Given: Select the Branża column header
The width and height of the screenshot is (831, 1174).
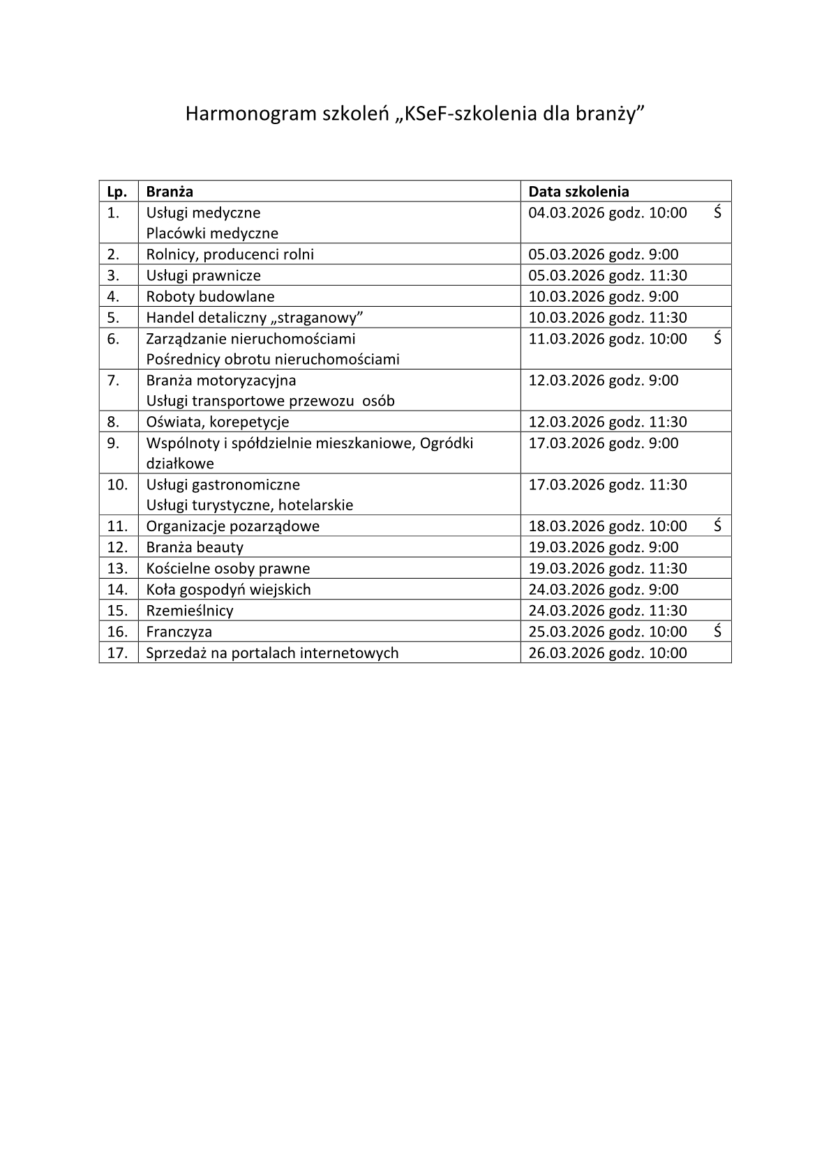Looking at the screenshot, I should click(170, 192).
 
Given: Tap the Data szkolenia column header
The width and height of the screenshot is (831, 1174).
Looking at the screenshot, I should click(578, 192).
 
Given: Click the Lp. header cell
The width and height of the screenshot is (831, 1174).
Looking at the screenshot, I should click(118, 192).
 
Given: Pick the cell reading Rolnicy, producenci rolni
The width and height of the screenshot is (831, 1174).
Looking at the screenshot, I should click(230, 254).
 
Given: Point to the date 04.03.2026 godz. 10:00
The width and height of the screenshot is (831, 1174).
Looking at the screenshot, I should click(607, 213).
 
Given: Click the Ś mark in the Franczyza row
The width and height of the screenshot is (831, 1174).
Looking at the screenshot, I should click(717, 632).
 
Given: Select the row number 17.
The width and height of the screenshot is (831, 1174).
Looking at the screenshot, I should click(117, 653).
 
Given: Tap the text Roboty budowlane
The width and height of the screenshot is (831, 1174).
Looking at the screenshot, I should click(210, 296).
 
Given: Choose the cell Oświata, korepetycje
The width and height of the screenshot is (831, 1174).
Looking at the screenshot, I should click(217, 422).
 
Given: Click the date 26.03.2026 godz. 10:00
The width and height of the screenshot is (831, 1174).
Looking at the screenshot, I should click(607, 653).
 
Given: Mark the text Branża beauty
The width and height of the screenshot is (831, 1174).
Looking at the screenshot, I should click(195, 547).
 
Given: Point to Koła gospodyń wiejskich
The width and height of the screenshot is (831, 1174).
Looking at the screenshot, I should click(228, 590).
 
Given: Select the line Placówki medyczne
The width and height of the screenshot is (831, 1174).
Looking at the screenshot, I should click(212, 234).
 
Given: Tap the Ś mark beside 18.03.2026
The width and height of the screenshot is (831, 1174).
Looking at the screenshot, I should click(717, 526).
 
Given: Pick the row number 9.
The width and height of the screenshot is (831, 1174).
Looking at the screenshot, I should click(114, 443).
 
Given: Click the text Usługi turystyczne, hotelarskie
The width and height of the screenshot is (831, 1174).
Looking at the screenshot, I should click(249, 505).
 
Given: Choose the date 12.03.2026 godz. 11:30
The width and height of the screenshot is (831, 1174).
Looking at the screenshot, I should click(607, 422).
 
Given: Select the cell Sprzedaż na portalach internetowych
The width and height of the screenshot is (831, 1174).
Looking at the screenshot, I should click(272, 653).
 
